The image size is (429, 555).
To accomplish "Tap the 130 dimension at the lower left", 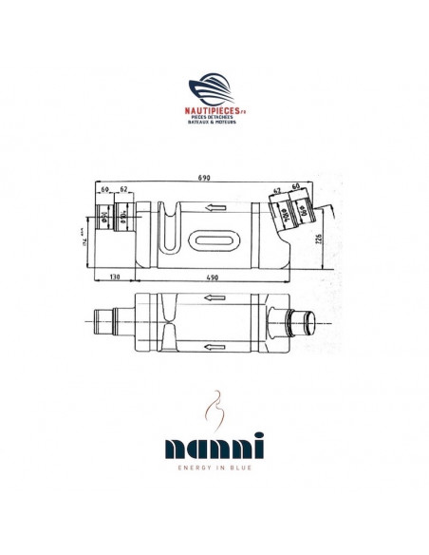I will click(114, 277).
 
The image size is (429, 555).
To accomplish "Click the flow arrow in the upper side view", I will click(214, 207).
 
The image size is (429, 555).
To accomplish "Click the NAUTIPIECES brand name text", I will click(214, 109).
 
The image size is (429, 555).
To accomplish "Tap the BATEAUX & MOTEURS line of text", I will click(214, 123).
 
